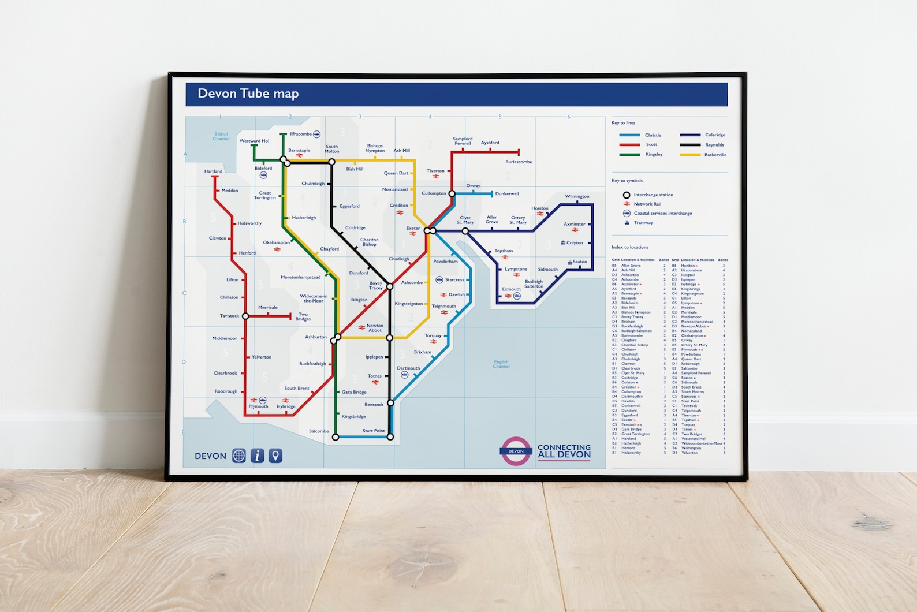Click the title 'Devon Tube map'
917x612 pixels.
[x=248, y=94]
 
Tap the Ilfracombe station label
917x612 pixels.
[x=300, y=134]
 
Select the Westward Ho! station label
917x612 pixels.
[x=254, y=141]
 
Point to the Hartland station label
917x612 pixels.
[x=213, y=171]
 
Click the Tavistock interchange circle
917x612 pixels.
[x=245, y=316]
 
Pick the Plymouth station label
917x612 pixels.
[x=258, y=406]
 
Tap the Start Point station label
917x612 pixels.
[x=373, y=431]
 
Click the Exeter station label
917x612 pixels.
[x=413, y=228]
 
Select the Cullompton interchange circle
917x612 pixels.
[x=452, y=194]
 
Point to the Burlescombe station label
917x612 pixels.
[x=519, y=162]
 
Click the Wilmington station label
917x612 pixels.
[x=577, y=196]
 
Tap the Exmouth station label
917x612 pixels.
[x=511, y=289]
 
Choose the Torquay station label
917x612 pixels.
[x=433, y=335]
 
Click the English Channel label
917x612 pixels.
[x=501, y=364]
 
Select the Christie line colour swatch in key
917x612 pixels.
[x=629, y=135]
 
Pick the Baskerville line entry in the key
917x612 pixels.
[x=715, y=155]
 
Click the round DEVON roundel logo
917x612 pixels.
[x=516, y=451]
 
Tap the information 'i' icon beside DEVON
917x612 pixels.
[x=257, y=456]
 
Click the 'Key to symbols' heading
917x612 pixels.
[x=627, y=181]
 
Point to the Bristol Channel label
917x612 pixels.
[x=221, y=136]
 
